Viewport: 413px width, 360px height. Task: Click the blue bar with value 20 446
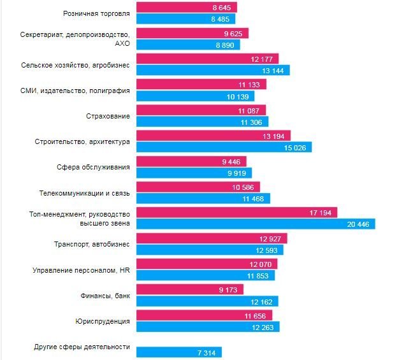tap(255, 224)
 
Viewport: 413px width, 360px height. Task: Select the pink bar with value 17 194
tap(236, 212)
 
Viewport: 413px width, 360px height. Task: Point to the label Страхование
tap(108, 116)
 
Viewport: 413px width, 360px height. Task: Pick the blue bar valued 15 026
tap(224, 147)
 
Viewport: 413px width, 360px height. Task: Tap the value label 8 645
tap(222, 8)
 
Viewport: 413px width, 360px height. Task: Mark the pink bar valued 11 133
tap(201, 84)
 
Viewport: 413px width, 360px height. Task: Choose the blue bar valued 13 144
tap(213, 70)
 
